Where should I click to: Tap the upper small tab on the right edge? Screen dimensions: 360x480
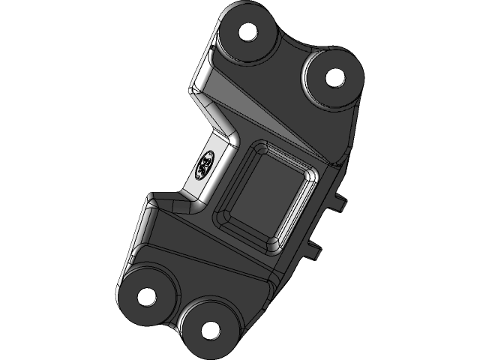click(x=342, y=201)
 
